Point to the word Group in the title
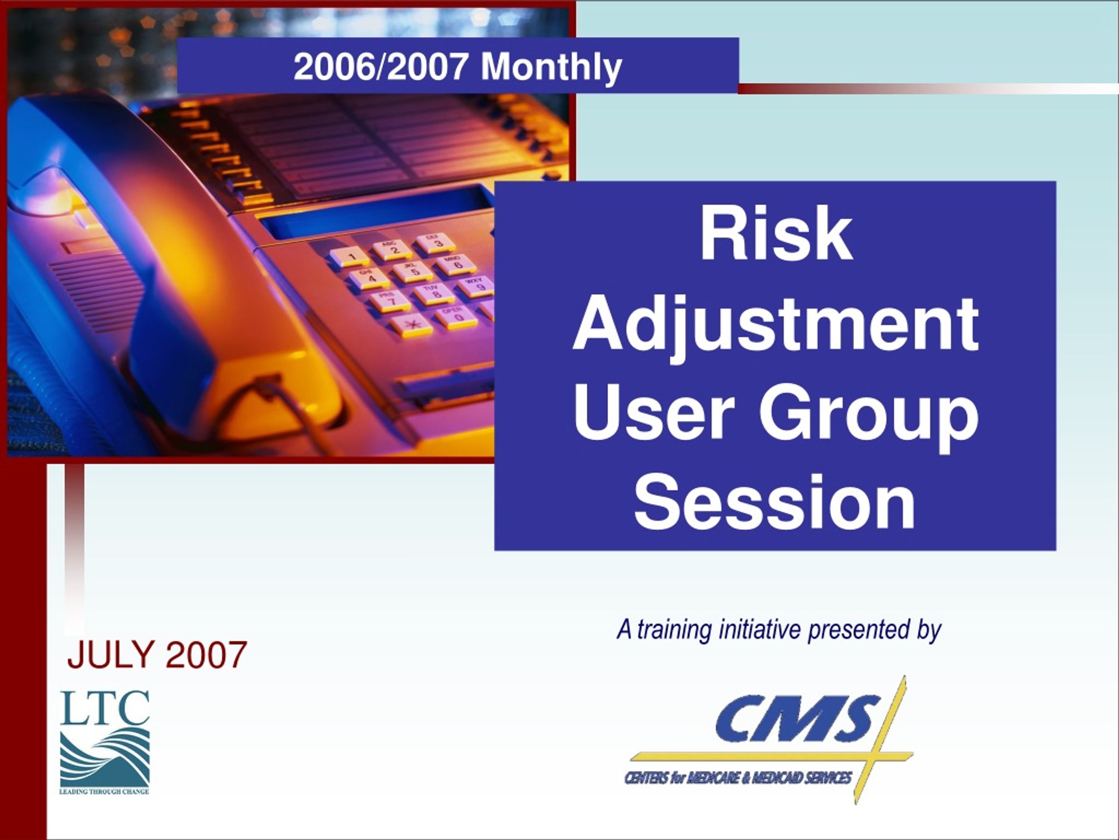tap(869, 414)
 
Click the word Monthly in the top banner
tap(551, 67)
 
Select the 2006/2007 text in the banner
tap(380, 67)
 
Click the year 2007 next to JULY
tap(206, 654)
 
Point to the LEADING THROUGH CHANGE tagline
tap(104, 791)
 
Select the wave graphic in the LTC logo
tap(105, 756)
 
